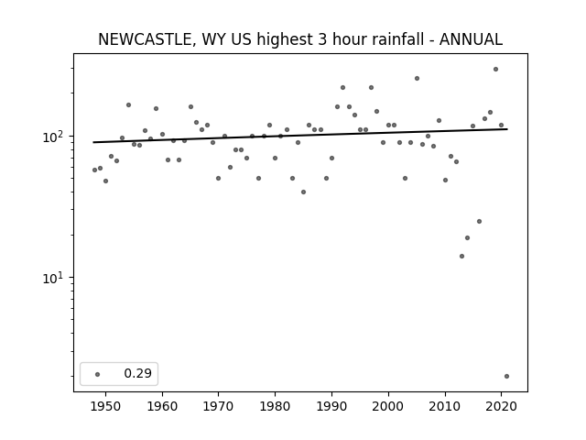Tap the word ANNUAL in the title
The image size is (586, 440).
(x=471, y=39)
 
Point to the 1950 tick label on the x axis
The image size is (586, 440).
(x=106, y=406)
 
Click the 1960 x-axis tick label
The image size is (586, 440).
(x=162, y=406)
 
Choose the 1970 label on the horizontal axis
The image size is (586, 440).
(x=218, y=406)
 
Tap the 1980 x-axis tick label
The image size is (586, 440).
(x=275, y=406)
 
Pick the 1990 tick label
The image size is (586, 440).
(x=331, y=406)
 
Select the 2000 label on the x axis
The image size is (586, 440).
(x=388, y=406)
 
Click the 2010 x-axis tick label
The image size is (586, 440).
(x=445, y=406)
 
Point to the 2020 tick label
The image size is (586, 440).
(x=501, y=406)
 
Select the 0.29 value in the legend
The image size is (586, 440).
(x=138, y=373)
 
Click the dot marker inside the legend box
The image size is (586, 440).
(x=98, y=374)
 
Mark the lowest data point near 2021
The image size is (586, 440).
(x=506, y=377)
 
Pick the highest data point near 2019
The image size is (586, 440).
(x=496, y=70)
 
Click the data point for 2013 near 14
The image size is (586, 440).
(x=461, y=257)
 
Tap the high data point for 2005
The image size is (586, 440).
(x=418, y=79)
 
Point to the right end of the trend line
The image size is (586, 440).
(x=507, y=129)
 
